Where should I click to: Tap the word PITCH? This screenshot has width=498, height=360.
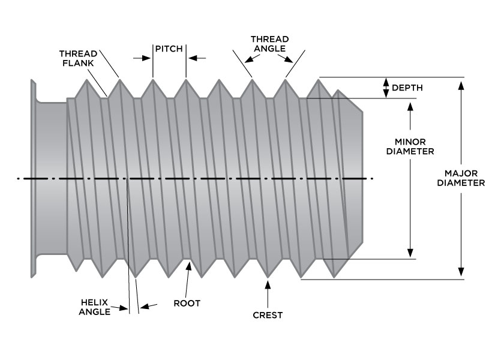pos(169,48)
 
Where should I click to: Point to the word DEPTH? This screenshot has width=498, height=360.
pos(407,88)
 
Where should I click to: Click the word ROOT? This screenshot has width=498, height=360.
pos(187,303)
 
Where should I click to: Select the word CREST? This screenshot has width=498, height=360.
pos(268,314)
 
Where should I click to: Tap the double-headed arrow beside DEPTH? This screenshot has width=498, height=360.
pos(385,88)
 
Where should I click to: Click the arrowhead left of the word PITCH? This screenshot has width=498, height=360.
pos(145,58)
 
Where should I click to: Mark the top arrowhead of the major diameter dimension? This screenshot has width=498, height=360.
pos(461,84)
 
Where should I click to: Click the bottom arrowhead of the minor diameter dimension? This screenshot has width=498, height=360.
pos(410,253)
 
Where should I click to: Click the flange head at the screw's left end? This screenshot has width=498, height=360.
pos(32,178)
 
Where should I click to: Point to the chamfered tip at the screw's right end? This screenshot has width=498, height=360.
pos(351,178)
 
